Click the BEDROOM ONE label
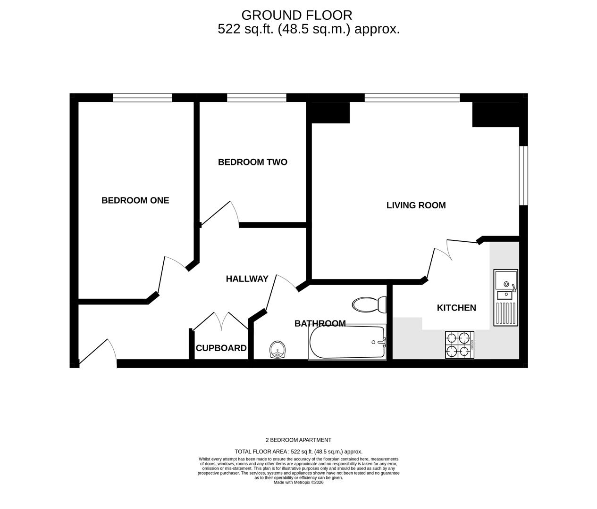coord(135,200)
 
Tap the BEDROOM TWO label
coord(252,162)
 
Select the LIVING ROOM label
coord(416,205)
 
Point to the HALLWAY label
coord(247,279)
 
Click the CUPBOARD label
coord(221,348)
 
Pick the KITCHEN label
coord(456,308)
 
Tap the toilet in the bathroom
coord(370,304)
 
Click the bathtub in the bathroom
coord(347,342)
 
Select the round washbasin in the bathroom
coord(278,350)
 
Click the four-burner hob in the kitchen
coord(460,345)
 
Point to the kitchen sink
coord(506,297)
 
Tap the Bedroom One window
coord(143,98)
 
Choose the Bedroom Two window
coord(257,98)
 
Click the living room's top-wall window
coord(412,98)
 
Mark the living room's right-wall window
coord(524,176)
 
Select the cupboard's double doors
coord(221,321)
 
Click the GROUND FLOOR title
coord(297,15)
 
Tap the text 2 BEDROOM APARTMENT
coord(298,440)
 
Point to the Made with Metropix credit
coord(298,482)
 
